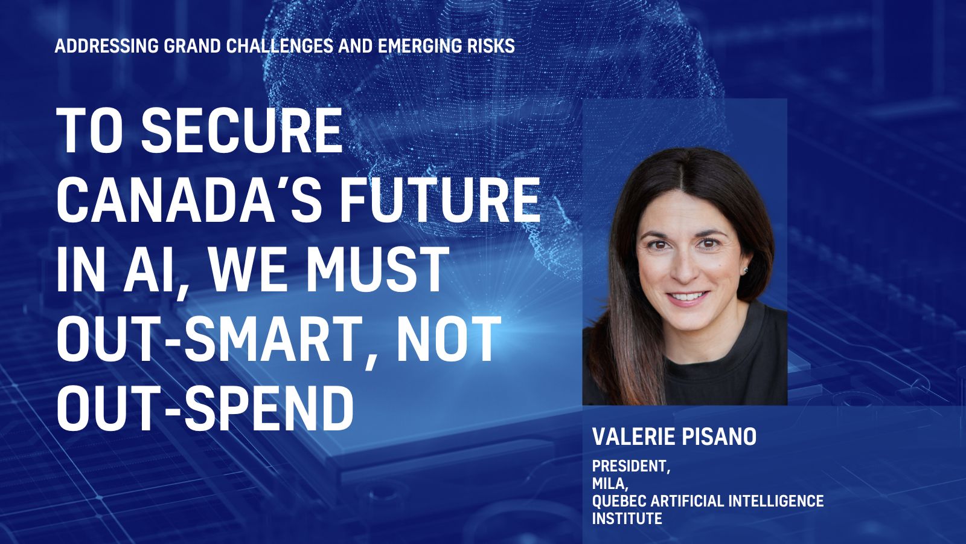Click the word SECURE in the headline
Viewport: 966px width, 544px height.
tap(241, 129)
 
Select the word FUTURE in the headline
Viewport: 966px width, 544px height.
tap(440, 199)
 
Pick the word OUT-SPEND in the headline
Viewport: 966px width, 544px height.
tap(205, 408)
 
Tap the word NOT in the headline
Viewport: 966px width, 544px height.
tap(446, 338)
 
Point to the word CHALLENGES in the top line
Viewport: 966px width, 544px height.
tap(280, 46)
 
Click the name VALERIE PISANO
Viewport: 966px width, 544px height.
tap(674, 436)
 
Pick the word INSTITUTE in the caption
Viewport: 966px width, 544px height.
tap(627, 518)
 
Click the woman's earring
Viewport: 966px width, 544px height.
tap(745, 270)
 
